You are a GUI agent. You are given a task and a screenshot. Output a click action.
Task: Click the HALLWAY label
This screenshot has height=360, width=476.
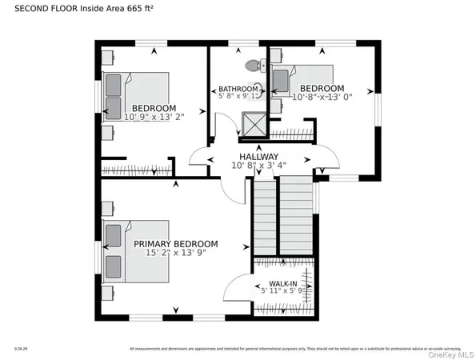[258, 157]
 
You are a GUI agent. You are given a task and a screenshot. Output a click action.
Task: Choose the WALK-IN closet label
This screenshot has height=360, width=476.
[283, 284]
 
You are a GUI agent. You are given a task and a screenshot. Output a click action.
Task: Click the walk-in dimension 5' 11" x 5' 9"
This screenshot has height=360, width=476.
[283, 292]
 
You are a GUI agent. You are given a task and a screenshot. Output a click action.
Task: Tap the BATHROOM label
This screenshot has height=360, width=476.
[238, 90]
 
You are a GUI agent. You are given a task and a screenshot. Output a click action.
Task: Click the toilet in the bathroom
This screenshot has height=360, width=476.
[252, 66]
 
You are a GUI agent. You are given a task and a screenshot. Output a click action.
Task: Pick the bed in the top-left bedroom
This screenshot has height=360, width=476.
[135, 96]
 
